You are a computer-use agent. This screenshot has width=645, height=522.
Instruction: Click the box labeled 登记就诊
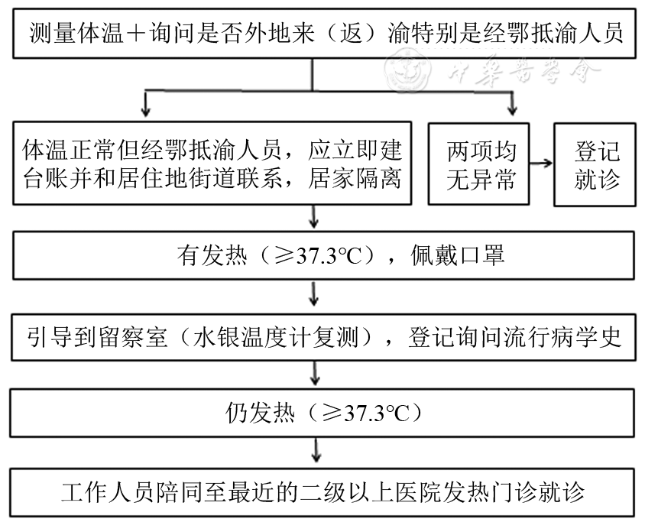pos(598,164)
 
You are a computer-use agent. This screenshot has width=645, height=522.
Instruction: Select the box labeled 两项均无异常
pos(481,164)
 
